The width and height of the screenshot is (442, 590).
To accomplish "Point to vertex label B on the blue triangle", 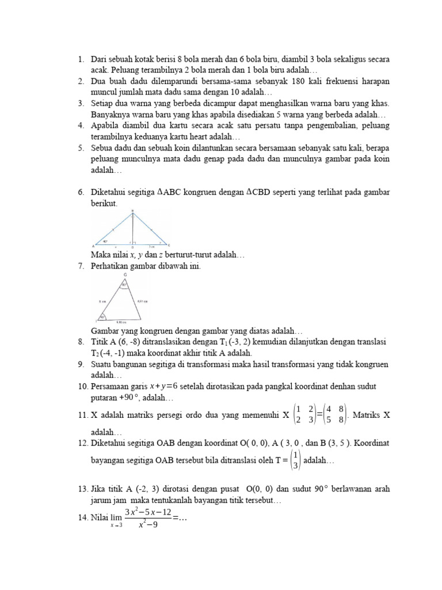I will pos(133,211).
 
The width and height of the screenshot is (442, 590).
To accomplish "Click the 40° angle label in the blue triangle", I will pos(105,241).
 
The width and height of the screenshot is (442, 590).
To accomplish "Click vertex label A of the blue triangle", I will pos(93,245).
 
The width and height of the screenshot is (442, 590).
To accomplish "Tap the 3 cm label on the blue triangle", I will pos(150,245).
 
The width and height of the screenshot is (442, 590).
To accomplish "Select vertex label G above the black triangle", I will pos(125,275).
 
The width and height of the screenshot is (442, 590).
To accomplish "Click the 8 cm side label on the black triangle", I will pos(101,301).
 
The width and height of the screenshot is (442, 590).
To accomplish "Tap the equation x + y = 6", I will pos(163,386).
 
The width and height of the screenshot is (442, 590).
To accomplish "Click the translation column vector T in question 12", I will pos(296,461).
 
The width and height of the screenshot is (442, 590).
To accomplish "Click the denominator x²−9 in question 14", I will pos(147,525).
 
